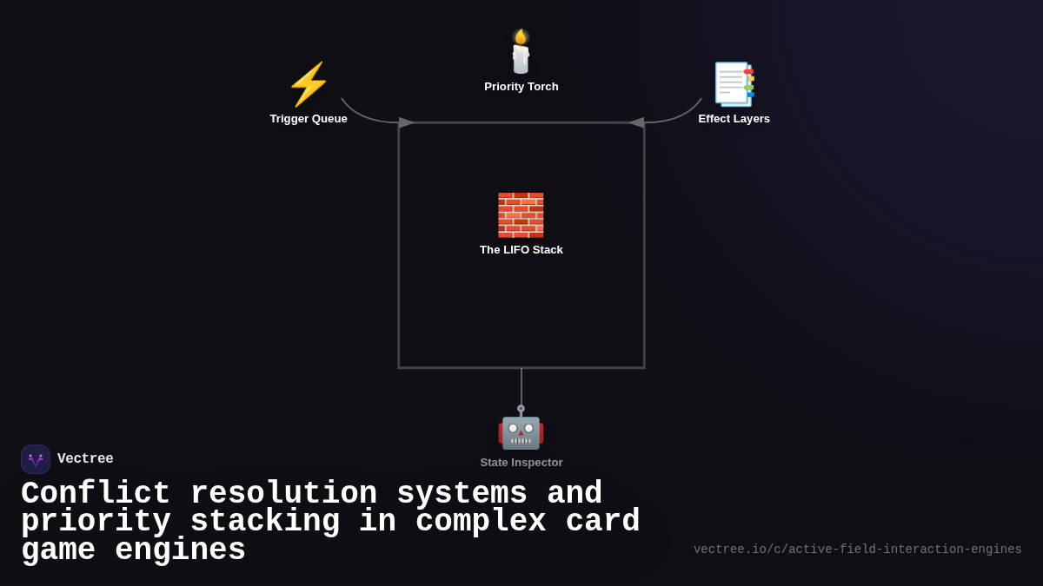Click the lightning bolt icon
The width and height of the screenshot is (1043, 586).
[309, 84]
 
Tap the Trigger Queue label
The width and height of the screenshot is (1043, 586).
[309, 119]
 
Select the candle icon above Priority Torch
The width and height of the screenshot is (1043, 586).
[521, 54]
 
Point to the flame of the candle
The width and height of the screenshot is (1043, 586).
[520, 36]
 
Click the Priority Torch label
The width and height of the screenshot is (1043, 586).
[521, 87]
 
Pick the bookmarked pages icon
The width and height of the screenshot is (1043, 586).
[734, 84]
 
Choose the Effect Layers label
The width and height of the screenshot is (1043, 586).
[734, 119]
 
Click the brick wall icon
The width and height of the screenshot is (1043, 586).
[521, 214]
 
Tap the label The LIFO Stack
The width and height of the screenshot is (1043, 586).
[521, 250]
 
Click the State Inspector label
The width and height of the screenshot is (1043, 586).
[521, 463]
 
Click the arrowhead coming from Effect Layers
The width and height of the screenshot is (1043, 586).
[636, 122]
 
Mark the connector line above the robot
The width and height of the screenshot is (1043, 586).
[521, 385]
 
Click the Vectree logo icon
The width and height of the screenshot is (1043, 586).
[36, 459]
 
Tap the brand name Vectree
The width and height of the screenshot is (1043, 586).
[85, 459]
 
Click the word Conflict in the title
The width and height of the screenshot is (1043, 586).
[95, 494]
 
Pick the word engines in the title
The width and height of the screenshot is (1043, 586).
[180, 550]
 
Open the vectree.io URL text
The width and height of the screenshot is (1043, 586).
[857, 550]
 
